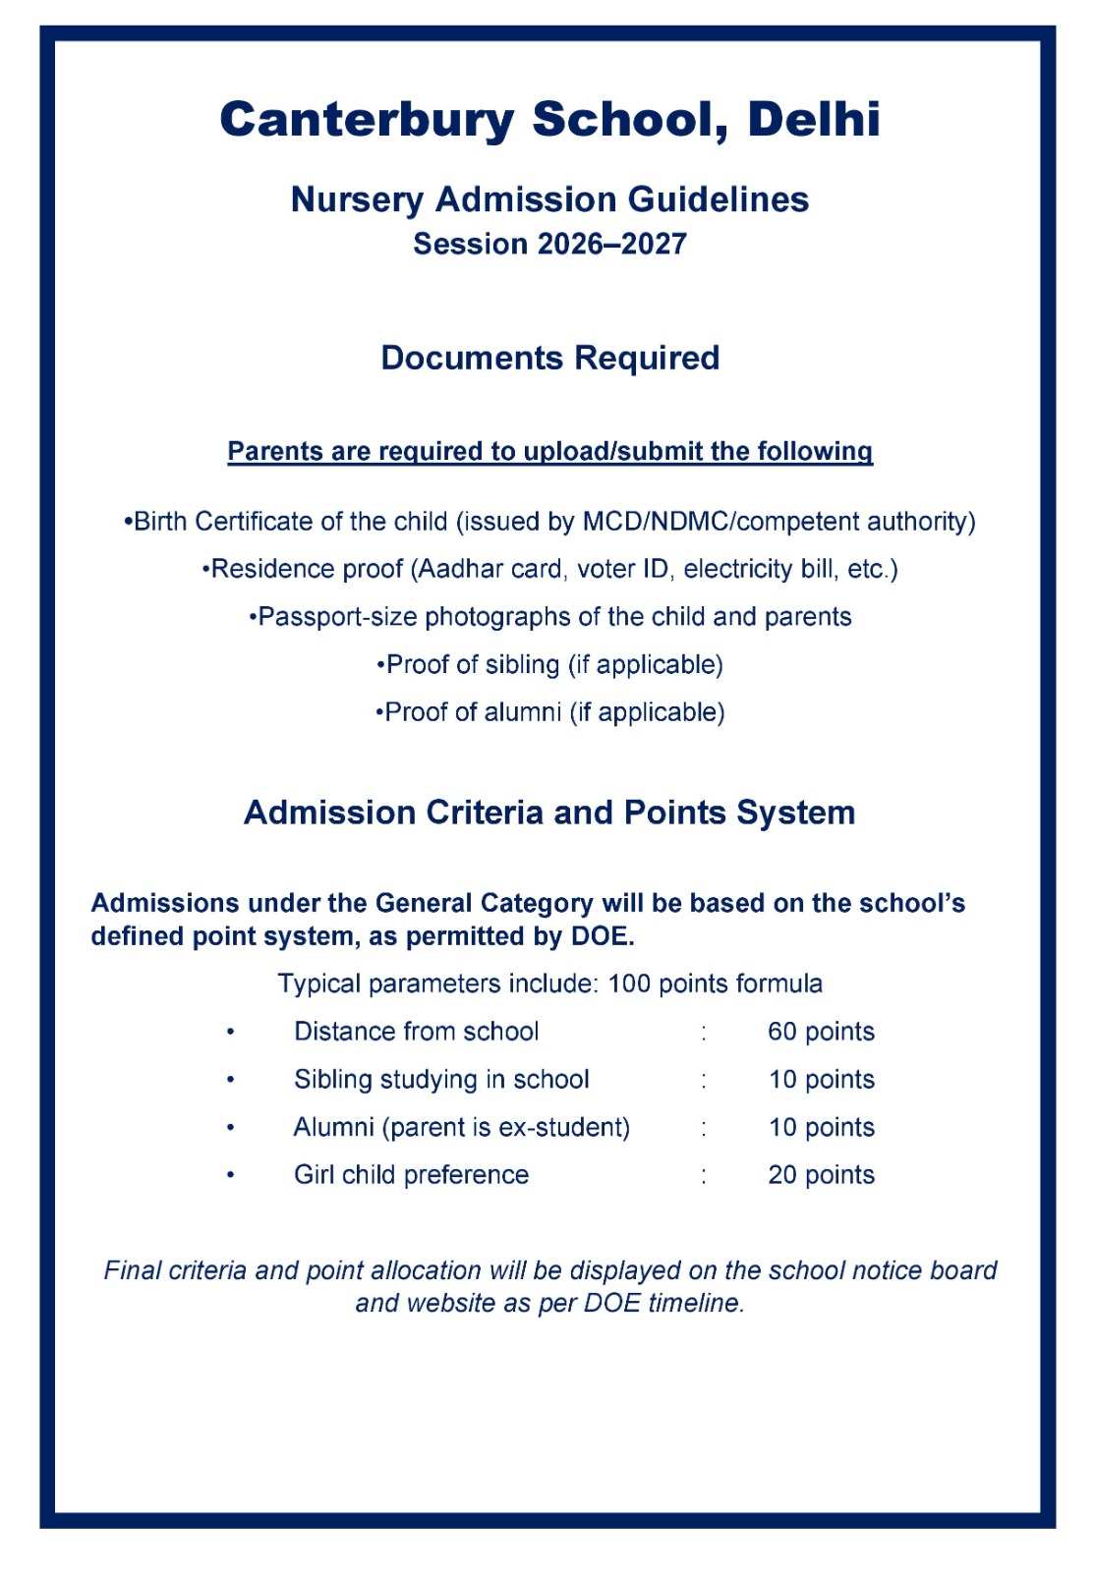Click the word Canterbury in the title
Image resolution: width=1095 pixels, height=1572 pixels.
click(x=367, y=120)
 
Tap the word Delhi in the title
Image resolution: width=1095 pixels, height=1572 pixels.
click(x=813, y=120)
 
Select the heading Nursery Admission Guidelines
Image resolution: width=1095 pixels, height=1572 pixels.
click(x=549, y=199)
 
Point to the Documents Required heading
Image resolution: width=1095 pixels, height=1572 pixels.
click(x=549, y=358)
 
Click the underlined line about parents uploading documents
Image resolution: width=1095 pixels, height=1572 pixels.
click(x=549, y=451)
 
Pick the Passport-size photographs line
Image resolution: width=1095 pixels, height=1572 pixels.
click(x=549, y=617)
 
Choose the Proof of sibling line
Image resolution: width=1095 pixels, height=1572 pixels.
click(x=549, y=665)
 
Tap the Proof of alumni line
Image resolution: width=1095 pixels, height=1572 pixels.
click(x=549, y=712)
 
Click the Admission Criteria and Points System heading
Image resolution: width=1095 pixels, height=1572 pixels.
click(x=549, y=813)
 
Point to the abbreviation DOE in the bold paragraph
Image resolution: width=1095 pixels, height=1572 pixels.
click(x=601, y=936)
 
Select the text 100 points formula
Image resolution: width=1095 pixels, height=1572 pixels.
click(x=715, y=983)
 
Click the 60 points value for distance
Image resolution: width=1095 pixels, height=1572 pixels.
click(x=821, y=1032)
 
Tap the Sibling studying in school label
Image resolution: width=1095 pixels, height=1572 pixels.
click(x=441, y=1080)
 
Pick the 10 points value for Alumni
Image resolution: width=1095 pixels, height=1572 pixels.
click(x=821, y=1127)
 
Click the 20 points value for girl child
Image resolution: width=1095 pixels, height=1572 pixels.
click(x=821, y=1175)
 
